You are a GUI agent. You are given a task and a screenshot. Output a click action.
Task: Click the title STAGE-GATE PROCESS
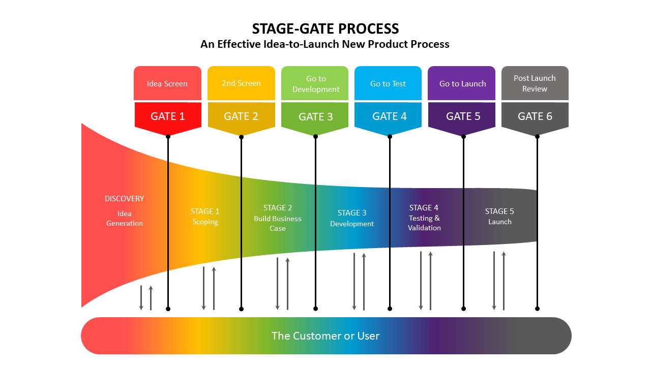click(x=325, y=28)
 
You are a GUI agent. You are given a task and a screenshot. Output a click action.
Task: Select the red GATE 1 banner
click(x=168, y=116)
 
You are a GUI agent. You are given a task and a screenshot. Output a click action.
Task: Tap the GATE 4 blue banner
click(x=390, y=116)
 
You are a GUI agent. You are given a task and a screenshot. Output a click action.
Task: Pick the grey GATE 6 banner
click(x=535, y=116)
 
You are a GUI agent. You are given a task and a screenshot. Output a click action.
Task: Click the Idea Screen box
click(x=167, y=83)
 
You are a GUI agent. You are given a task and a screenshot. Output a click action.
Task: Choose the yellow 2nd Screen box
click(x=241, y=83)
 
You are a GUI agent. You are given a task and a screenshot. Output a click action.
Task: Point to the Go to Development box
click(x=315, y=84)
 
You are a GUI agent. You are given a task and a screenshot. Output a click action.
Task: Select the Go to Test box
click(x=388, y=83)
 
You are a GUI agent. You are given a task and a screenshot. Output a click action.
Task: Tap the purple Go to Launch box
click(x=462, y=83)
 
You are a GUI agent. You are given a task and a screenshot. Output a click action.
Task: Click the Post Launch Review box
click(x=535, y=83)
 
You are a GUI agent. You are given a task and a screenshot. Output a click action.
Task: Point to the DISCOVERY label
click(x=125, y=199)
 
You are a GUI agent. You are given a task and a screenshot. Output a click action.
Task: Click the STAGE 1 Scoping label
click(x=205, y=216)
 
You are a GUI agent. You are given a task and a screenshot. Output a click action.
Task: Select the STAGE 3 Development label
click(x=352, y=218)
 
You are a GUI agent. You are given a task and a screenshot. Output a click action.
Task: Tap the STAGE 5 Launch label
click(x=499, y=216)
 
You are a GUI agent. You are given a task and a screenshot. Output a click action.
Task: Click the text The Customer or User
click(x=325, y=336)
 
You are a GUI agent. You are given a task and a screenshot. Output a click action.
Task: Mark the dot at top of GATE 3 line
click(x=315, y=136)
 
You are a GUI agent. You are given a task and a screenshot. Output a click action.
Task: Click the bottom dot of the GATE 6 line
click(x=537, y=309)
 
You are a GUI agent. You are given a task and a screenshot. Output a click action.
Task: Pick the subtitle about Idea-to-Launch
click(x=325, y=44)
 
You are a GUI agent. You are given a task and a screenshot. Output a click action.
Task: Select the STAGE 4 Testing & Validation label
click(x=424, y=218)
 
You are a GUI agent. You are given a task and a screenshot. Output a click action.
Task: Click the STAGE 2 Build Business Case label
click(x=278, y=218)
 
